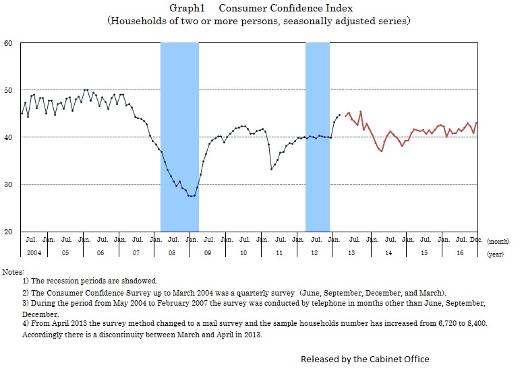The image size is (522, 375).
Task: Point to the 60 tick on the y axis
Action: point(9,43)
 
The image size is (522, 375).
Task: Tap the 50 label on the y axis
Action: point(9,90)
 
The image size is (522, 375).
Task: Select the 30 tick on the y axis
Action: point(9,184)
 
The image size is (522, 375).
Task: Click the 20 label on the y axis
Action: point(9,232)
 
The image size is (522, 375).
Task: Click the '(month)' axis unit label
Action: point(499,240)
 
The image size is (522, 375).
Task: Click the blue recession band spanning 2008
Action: point(179,135)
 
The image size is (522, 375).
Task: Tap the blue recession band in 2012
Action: point(318,135)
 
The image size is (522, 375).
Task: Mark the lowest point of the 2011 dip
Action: point(271,169)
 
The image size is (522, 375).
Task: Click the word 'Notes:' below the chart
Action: point(13,271)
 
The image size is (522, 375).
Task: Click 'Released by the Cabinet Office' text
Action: point(365,359)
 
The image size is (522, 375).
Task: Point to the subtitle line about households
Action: point(259,21)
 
